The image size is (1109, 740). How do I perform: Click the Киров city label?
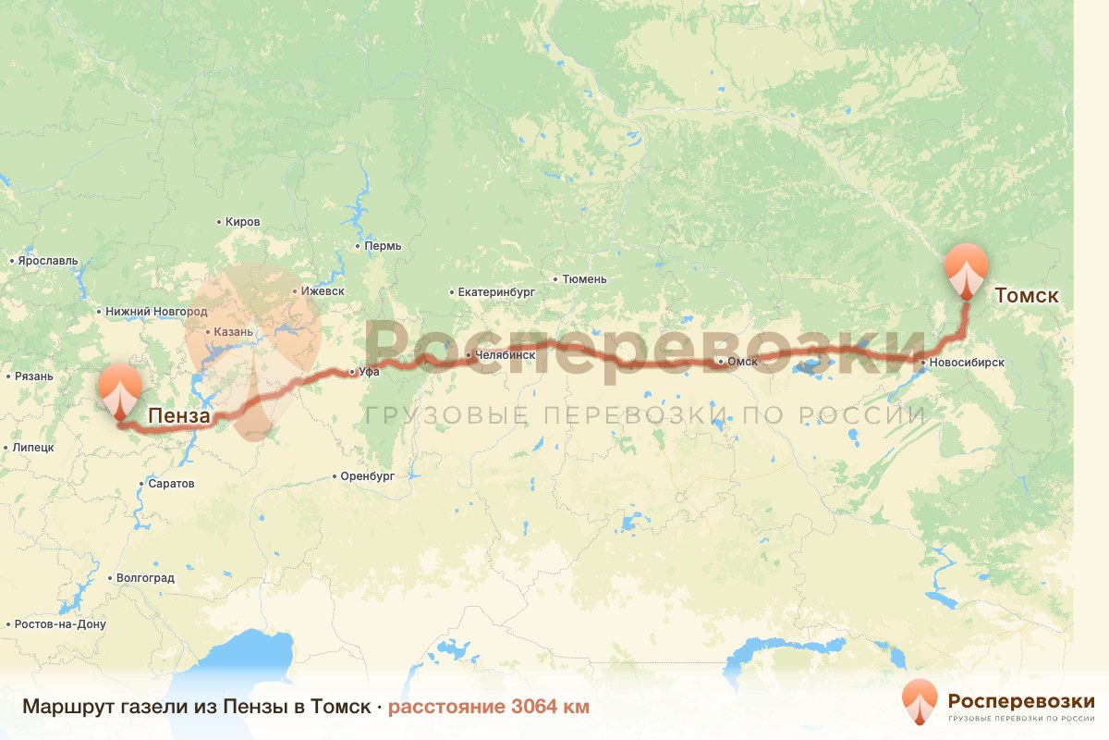(243, 222)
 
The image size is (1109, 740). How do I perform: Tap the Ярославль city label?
(48, 261)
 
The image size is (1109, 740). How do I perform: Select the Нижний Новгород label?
(156, 312)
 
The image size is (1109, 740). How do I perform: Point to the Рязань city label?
(34, 376)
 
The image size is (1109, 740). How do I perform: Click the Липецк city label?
(34, 447)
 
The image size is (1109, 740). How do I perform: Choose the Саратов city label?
(172, 484)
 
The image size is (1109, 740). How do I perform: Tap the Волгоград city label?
(145, 578)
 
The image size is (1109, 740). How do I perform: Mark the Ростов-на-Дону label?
(60, 624)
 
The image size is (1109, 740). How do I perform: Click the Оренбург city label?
(368, 476)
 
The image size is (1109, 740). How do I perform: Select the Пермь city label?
(384, 246)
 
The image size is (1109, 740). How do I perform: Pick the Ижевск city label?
(323, 291)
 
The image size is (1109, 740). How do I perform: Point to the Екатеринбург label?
(497, 292)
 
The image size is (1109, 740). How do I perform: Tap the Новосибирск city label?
(968, 364)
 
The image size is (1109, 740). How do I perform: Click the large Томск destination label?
(1026, 296)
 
